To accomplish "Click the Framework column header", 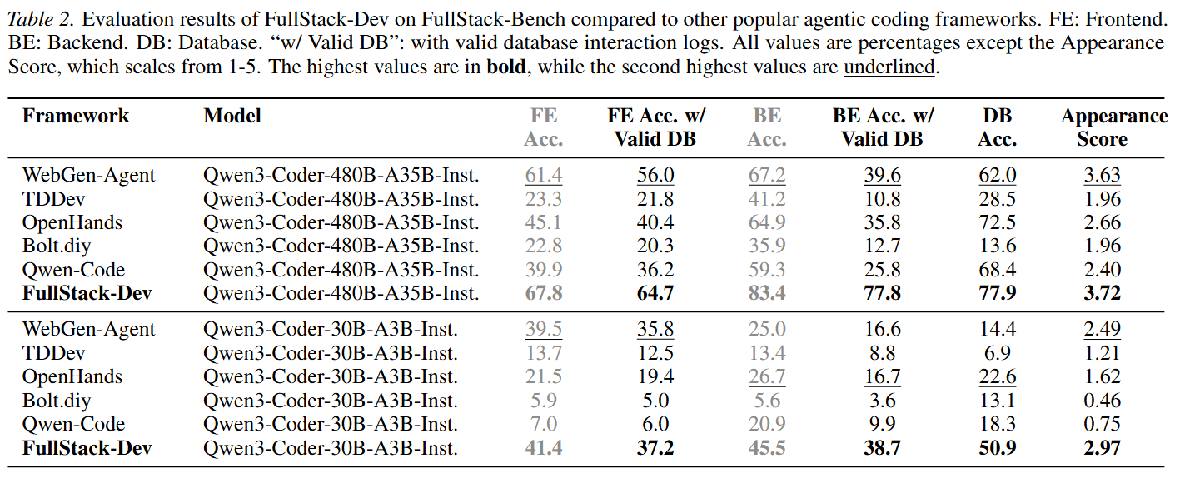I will (x=76, y=116).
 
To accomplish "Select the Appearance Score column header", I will (x=1113, y=127).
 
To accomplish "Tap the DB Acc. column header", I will (x=998, y=127).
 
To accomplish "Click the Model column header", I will (x=232, y=116).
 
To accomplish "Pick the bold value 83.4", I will (x=767, y=293).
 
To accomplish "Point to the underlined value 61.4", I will (x=543, y=176).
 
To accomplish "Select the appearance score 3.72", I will (x=1102, y=293).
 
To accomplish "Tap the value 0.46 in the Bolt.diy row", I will (x=1102, y=401).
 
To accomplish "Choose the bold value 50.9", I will (x=998, y=448).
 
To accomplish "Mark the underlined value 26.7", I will (x=767, y=377).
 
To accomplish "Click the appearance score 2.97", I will (x=1102, y=448).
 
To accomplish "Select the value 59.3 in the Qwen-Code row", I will (x=767, y=270).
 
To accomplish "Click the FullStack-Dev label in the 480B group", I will (x=87, y=293).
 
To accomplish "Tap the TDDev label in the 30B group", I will (x=53, y=353).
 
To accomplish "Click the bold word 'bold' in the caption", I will (x=506, y=67).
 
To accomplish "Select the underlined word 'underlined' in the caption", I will (x=889, y=67).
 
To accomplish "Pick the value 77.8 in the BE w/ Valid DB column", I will (x=883, y=293).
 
